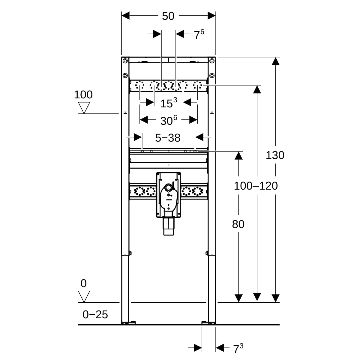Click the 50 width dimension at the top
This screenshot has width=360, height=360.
click(168, 16)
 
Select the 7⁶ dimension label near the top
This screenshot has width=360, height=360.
click(199, 35)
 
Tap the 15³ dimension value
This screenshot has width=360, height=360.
click(168, 103)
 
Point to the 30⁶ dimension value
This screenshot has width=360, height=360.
click(168, 120)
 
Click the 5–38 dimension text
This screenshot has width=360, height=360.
click(168, 138)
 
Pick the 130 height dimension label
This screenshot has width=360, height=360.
click(275, 155)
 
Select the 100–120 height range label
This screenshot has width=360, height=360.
click(256, 186)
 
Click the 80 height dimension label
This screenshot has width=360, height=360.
click(238, 224)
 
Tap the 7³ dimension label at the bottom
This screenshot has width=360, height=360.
click(238, 349)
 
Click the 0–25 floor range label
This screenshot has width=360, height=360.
click(95, 314)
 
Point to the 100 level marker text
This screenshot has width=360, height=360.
click(83, 95)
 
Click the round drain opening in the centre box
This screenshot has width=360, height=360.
click(168, 188)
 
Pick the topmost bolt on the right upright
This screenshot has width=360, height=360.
click(212, 61)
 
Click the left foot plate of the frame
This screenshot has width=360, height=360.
click(128, 322)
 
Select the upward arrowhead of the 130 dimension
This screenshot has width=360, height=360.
click(275, 61)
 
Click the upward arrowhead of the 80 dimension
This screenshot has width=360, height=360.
click(238, 155)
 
